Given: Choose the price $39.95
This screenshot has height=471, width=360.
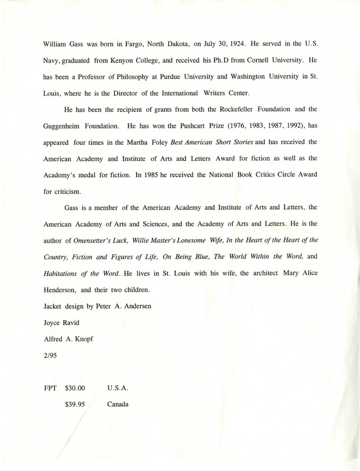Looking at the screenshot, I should coord(75,404).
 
